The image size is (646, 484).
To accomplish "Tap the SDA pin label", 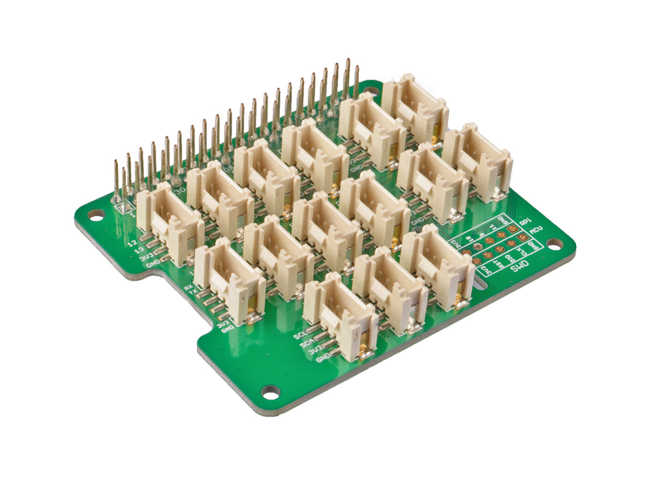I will [305, 344].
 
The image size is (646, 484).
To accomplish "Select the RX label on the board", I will [188, 288].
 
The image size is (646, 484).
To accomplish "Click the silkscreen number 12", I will [134, 242].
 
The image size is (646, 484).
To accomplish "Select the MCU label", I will [535, 229].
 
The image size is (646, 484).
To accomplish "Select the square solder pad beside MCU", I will [522, 237].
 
